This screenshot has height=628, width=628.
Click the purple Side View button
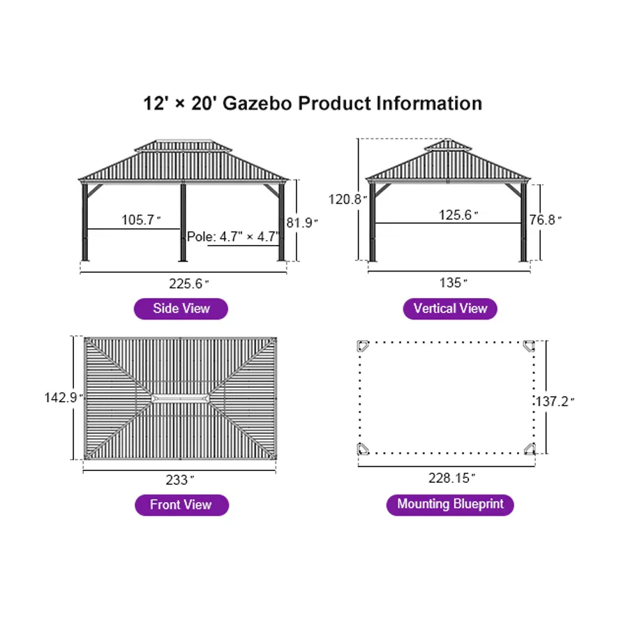pyautogui.click(x=181, y=308)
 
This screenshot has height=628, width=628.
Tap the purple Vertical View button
pyautogui.click(x=450, y=308)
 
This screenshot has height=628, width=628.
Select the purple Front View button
pyautogui.click(x=181, y=504)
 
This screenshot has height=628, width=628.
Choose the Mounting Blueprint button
pyautogui.click(x=450, y=504)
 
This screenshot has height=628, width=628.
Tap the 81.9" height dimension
pyautogui.click(x=302, y=223)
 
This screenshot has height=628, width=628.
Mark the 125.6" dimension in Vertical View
pyautogui.click(x=457, y=215)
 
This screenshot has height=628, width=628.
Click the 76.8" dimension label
pyautogui.click(x=545, y=220)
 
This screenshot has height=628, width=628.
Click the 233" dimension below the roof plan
pyautogui.click(x=180, y=480)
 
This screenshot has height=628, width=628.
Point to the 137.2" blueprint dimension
pyautogui.click(x=555, y=401)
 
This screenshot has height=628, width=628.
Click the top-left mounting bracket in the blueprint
pyautogui.click(x=363, y=346)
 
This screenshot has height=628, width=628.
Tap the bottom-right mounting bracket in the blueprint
pyautogui.click(x=530, y=449)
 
